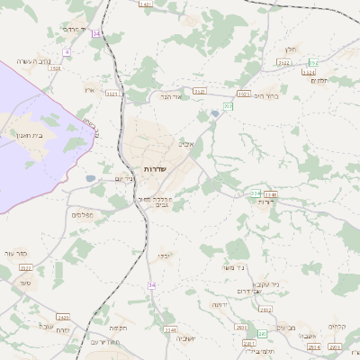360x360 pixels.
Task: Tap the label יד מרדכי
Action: tap(73, 29)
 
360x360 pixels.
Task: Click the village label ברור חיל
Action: tap(267, 95)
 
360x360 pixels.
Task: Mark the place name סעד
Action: tap(23, 283)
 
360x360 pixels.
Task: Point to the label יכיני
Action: tap(163, 256)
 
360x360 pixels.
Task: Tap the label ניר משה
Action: tap(235, 267)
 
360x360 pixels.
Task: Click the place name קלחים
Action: tap(337, 326)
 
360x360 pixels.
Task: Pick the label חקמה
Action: tap(119, 328)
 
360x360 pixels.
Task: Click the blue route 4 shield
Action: tap(67, 52)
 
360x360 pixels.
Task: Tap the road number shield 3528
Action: tap(56, 68)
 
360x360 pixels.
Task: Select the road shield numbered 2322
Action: tap(24, 268)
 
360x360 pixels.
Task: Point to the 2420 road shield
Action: tap(62, 317)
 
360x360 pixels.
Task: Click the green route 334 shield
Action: tap(256, 193)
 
